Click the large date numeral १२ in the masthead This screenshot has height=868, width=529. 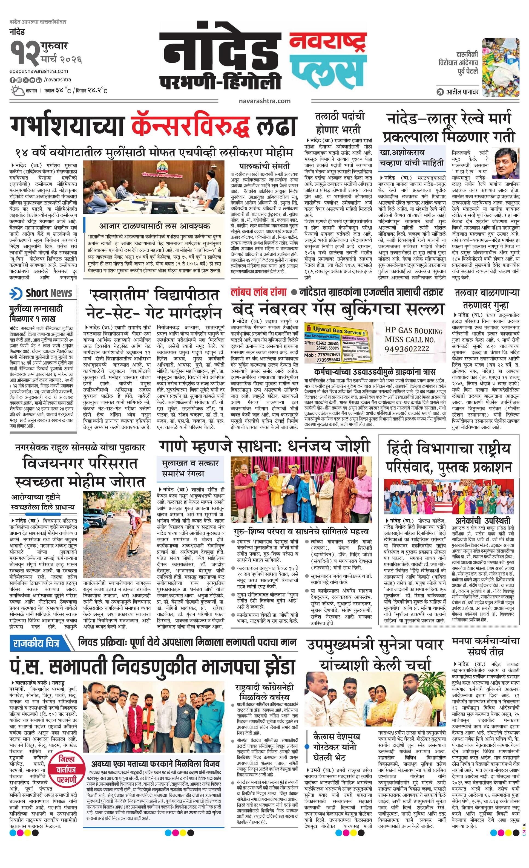point(24,53)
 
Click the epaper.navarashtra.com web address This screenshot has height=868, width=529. point(39,71)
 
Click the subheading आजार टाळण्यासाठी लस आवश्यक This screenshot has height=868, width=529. point(154,226)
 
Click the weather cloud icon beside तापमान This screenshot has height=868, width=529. point(17,91)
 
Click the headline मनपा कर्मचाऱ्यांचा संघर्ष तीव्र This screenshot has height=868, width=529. point(486,646)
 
